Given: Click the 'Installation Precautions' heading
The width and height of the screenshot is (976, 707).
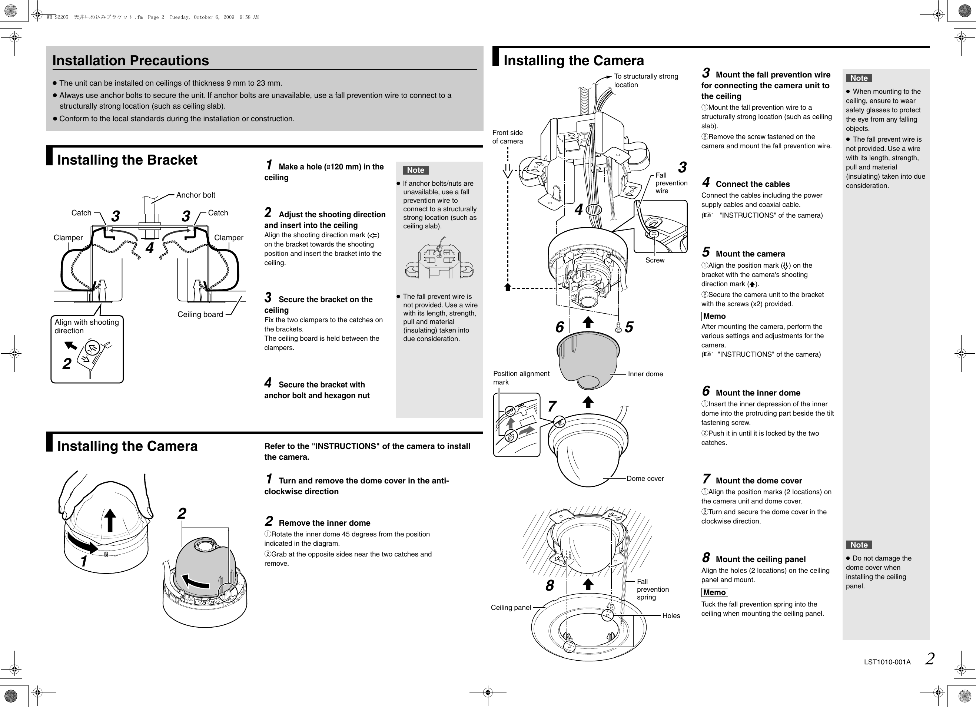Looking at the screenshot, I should click(x=130, y=61).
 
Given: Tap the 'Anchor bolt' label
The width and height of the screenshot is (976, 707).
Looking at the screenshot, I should click(x=195, y=195).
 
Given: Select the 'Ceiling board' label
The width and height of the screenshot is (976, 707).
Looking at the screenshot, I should click(x=200, y=314).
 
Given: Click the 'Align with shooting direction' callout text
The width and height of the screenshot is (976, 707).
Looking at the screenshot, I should click(x=86, y=326).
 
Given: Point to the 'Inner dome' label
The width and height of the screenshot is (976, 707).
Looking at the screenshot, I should click(x=645, y=374).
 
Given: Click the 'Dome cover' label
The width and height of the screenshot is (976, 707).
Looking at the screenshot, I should click(x=645, y=478).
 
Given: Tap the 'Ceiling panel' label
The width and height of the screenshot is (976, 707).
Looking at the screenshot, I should click(x=511, y=608).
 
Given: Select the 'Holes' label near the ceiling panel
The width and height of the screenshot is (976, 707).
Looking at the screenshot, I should click(x=671, y=616).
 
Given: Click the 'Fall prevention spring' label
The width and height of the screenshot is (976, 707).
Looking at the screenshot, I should click(x=653, y=589).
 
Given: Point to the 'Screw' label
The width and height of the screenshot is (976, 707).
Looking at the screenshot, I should click(x=654, y=260).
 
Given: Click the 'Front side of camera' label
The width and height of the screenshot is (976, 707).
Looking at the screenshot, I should click(x=507, y=137).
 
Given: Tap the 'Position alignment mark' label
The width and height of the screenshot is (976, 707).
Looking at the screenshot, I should click(x=521, y=378).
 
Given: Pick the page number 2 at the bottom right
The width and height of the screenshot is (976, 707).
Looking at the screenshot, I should click(x=930, y=659).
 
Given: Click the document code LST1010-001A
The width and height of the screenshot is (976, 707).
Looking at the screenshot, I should click(x=887, y=662).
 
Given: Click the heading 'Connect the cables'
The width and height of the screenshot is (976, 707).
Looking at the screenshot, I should click(x=753, y=184).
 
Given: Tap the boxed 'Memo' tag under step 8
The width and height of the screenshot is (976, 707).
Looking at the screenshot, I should click(x=714, y=592).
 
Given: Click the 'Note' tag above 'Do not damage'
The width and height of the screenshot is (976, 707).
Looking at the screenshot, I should click(x=859, y=545).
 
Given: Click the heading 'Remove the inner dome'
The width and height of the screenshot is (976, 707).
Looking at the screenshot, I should click(x=324, y=523).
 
